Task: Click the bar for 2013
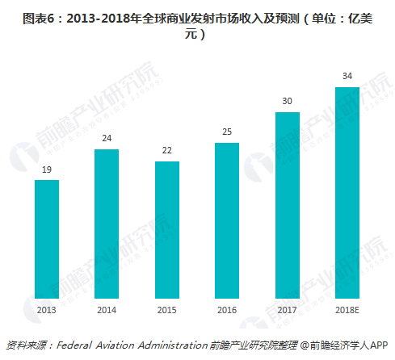pos(47,239)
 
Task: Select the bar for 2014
pos(107,224)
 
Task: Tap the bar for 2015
pos(167,230)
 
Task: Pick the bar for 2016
pos(227,220)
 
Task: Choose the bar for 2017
pos(288,205)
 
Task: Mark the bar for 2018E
pos(347,193)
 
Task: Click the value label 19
pos(47,170)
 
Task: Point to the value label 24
pos(107,139)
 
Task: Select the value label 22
pos(167,151)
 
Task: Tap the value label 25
pos(227,132)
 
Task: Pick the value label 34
pos(347,77)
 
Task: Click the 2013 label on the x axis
pos(47,308)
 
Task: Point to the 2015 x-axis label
pos(167,308)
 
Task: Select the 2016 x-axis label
pos(227,308)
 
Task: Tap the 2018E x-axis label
pos(347,308)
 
